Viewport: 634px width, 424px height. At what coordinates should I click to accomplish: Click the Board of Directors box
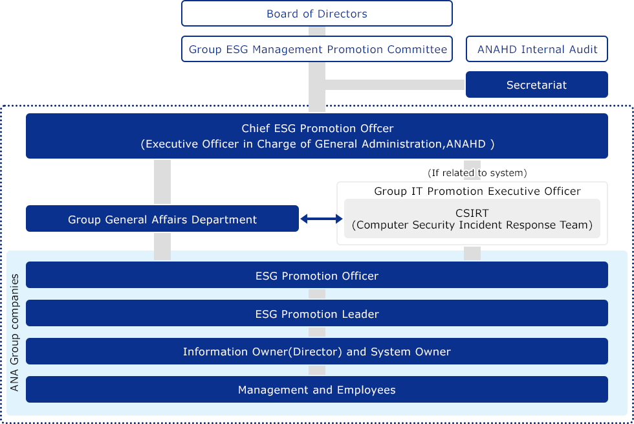[x=316, y=14]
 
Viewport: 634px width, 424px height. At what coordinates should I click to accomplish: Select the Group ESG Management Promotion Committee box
[x=316, y=49]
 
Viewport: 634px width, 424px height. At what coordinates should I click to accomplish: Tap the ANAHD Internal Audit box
[x=536, y=49]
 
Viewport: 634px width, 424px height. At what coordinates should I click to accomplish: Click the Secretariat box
[x=536, y=85]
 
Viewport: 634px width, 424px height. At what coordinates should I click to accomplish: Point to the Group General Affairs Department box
[x=162, y=219]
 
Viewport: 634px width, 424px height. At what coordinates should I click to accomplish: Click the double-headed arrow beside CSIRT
[x=322, y=219]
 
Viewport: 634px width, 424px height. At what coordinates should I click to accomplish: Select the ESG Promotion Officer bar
[x=316, y=275]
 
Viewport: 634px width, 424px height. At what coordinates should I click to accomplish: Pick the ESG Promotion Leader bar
[x=316, y=313]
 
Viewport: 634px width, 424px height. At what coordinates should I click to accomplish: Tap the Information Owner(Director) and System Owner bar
[x=316, y=351]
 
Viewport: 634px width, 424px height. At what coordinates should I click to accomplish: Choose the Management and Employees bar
[x=316, y=389]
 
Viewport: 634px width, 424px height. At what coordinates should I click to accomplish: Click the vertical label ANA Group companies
[x=14, y=333]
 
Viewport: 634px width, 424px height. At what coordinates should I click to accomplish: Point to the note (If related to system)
[x=477, y=173]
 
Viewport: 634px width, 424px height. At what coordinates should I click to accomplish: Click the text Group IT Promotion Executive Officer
[x=477, y=191]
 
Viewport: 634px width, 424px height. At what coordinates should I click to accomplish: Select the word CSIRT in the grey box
[x=472, y=213]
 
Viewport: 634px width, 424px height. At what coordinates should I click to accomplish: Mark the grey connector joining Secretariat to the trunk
[x=395, y=85]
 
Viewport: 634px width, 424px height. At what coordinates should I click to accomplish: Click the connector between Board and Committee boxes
[x=317, y=31]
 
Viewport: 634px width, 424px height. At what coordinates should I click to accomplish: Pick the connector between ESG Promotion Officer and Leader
[x=317, y=294]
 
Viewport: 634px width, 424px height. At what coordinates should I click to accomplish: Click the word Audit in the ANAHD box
[x=583, y=49]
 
